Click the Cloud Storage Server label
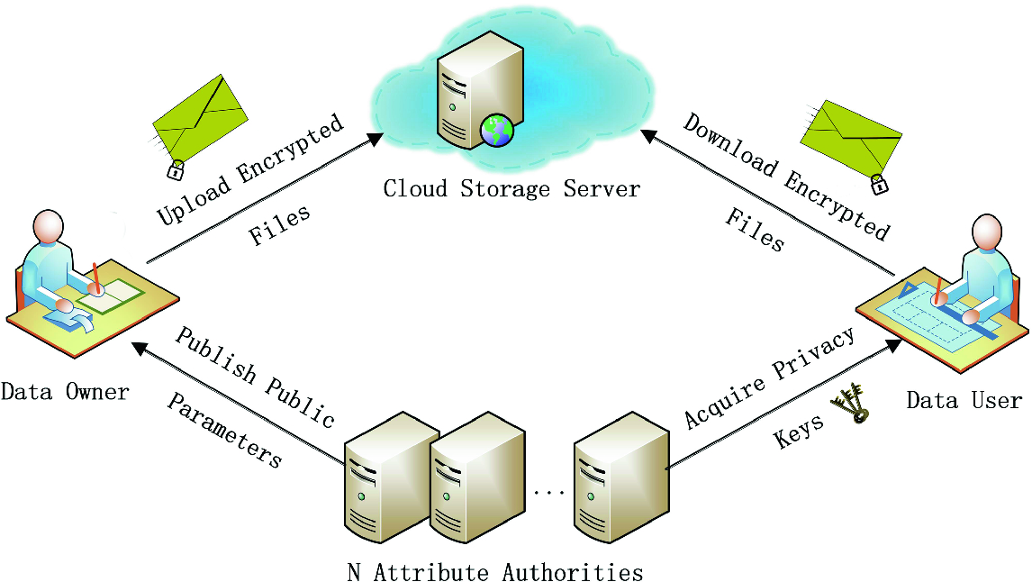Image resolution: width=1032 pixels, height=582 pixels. (x=511, y=188)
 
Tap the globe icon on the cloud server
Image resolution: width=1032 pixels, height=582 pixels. (x=496, y=131)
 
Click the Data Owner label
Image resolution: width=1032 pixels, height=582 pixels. (x=65, y=392)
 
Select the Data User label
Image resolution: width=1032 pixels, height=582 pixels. (x=964, y=400)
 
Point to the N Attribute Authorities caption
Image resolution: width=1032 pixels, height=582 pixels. (x=494, y=571)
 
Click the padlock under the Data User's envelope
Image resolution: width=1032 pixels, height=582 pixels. (x=878, y=185)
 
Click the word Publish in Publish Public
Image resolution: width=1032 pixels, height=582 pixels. (x=215, y=357)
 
